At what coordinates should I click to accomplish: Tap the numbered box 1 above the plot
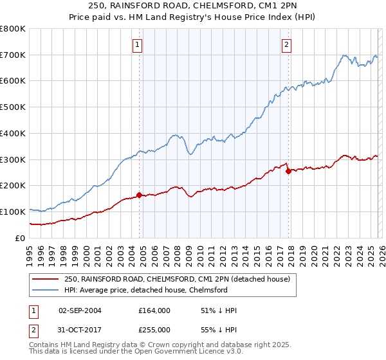coord(138,45)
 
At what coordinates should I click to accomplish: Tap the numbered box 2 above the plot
coord(286,45)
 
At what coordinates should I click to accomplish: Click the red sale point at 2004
coord(139,195)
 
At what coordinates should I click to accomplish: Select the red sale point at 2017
coord(288,171)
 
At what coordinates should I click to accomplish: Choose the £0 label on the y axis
coord(21,238)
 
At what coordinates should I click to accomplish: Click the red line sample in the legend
coord(46,279)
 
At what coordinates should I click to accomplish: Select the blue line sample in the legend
coord(46,290)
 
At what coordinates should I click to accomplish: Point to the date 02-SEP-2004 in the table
coord(80,310)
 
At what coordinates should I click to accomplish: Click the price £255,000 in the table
coord(154,330)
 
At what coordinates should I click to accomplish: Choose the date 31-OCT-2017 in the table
coord(80,330)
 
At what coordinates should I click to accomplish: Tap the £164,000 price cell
coord(154,310)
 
